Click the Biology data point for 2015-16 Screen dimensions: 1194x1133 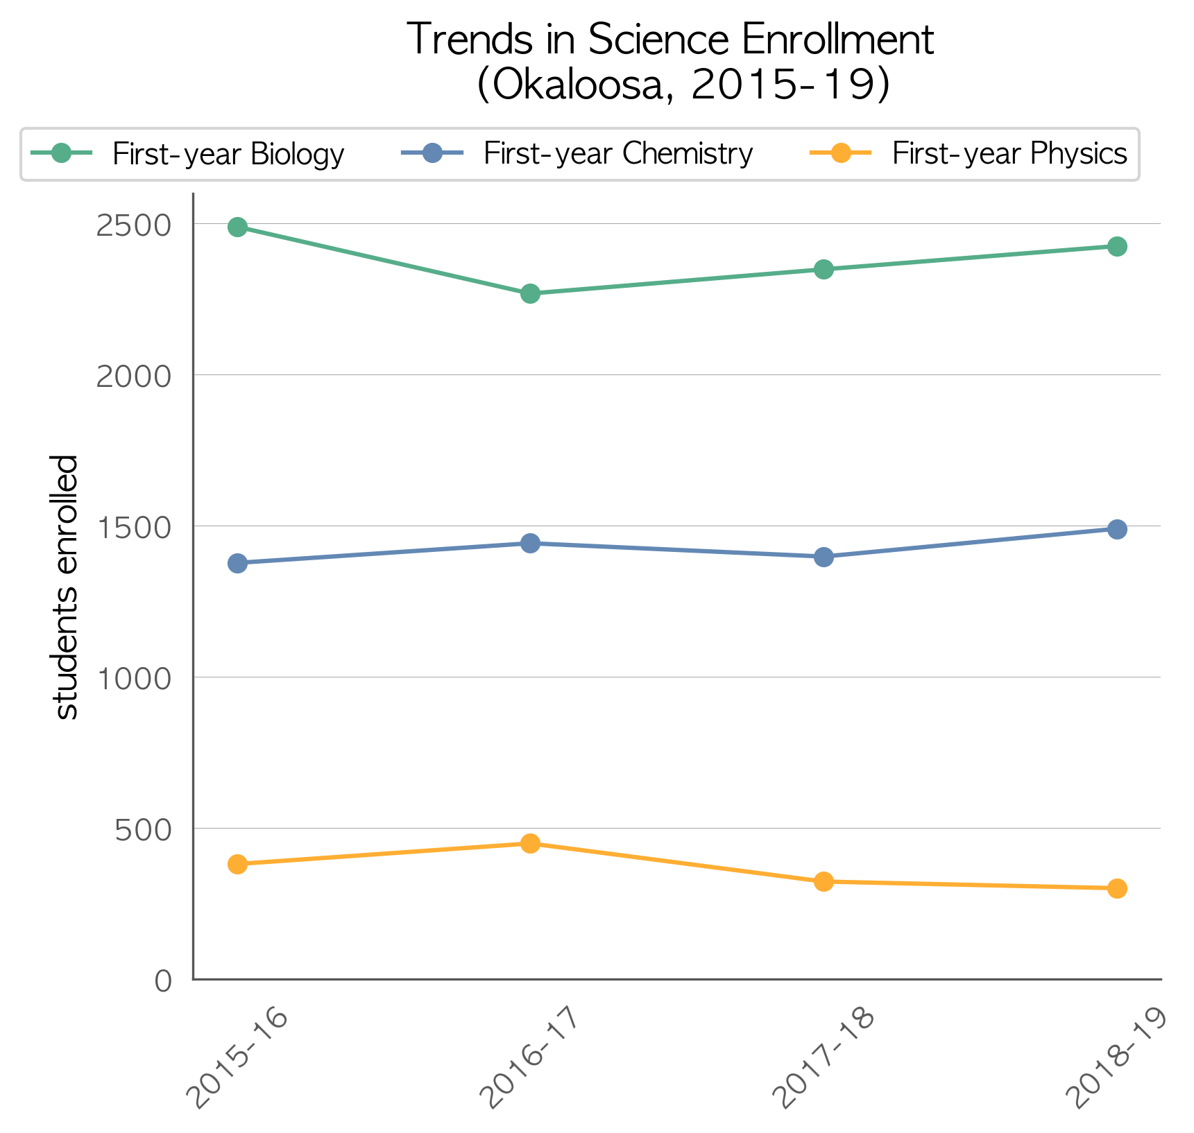tap(237, 227)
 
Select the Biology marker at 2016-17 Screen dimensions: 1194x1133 tap(530, 293)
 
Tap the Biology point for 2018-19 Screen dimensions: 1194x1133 tap(1117, 246)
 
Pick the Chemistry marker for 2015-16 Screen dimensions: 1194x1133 tap(237, 563)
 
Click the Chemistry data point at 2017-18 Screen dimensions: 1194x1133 tap(824, 557)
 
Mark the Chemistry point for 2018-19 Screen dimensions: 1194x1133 tap(1117, 529)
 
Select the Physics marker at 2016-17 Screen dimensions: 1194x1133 tap(530, 843)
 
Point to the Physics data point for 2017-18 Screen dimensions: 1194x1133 tap(824, 881)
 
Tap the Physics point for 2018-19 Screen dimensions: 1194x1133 tap(1117, 888)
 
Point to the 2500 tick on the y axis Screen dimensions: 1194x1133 tap(134, 225)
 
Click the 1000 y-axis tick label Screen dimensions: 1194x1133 tap(134, 678)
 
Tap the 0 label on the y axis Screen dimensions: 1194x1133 tap(163, 980)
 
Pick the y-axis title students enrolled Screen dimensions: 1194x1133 tap(66, 587)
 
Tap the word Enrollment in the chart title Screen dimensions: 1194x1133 tap(837, 40)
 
